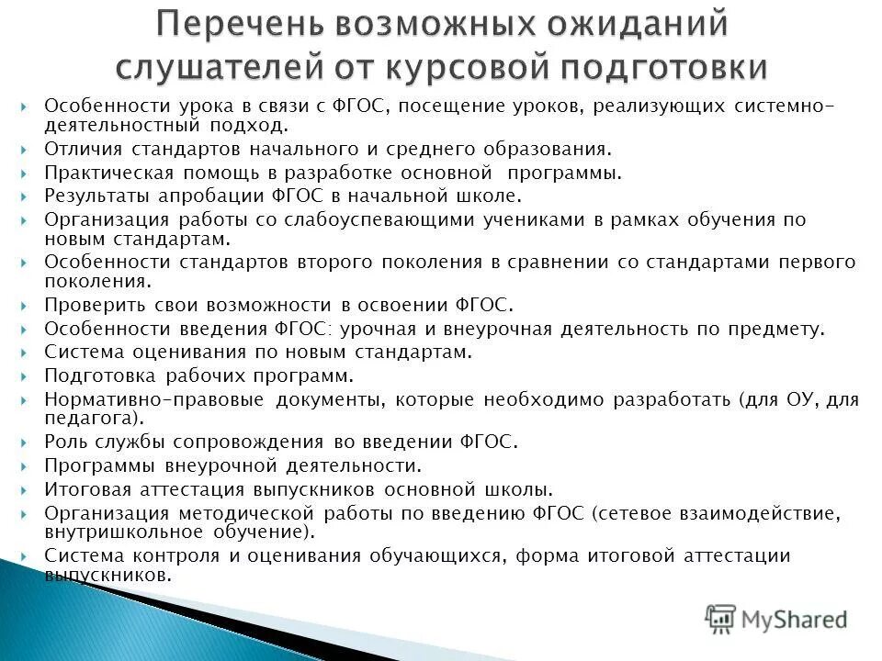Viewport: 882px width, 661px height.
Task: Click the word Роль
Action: (65, 442)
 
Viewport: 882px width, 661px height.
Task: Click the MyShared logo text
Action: (795, 620)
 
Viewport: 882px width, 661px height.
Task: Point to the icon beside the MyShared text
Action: (721, 620)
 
